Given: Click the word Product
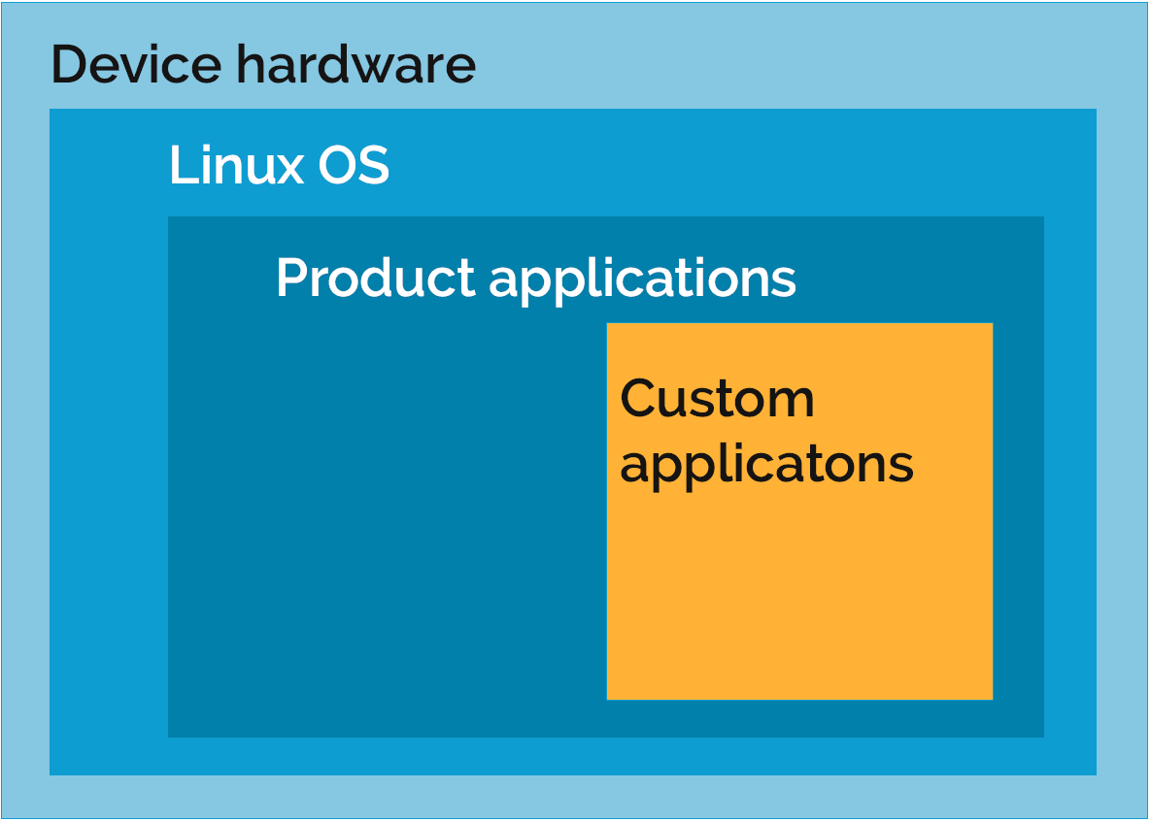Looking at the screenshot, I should click(375, 278).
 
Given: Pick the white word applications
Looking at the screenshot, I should click(642, 279).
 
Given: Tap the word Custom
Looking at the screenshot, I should click(717, 398).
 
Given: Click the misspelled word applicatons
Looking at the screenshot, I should click(766, 465).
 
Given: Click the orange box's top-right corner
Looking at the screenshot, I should click(993, 324).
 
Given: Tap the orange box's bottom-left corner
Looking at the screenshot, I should click(608, 699).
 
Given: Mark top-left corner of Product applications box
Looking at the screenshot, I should click(169, 217).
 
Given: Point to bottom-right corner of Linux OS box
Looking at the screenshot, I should click(1096, 774).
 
